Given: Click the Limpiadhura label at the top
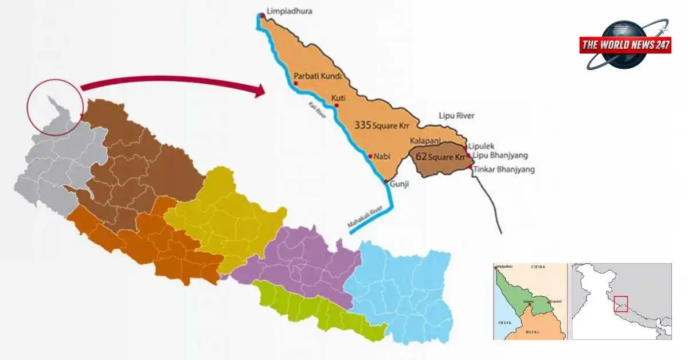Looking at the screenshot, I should pyautogui.click(x=290, y=11).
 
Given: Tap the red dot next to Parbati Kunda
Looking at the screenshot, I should pyautogui.click(x=296, y=83).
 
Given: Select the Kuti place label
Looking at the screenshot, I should pyautogui.click(x=338, y=97).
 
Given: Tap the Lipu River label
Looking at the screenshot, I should pyautogui.click(x=456, y=116).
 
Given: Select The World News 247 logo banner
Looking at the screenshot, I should pyautogui.click(x=625, y=45).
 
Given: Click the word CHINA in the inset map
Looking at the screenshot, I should pyautogui.click(x=538, y=267).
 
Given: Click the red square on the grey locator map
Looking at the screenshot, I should pyautogui.click(x=621, y=304).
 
